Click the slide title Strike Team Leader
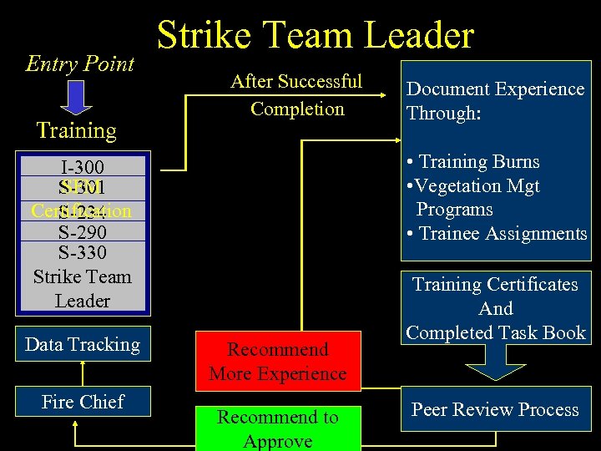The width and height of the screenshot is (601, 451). [315, 36]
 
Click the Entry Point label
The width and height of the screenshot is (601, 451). [80, 64]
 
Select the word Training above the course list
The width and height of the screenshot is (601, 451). [76, 130]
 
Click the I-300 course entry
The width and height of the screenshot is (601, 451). [82, 167]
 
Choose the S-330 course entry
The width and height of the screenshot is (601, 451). [82, 251]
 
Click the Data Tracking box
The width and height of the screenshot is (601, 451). [83, 345]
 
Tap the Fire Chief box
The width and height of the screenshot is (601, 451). [83, 402]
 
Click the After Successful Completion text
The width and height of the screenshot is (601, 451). [296, 95]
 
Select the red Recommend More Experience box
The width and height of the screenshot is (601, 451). [278, 361]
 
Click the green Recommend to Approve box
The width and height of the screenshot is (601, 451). [278, 428]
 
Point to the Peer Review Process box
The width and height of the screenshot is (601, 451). [495, 410]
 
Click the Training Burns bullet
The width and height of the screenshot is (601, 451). [473, 162]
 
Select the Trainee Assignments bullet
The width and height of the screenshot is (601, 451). [497, 233]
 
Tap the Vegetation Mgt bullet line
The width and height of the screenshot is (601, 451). [473, 186]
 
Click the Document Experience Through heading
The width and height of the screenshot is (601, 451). [495, 100]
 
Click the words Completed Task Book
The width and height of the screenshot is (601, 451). [496, 332]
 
